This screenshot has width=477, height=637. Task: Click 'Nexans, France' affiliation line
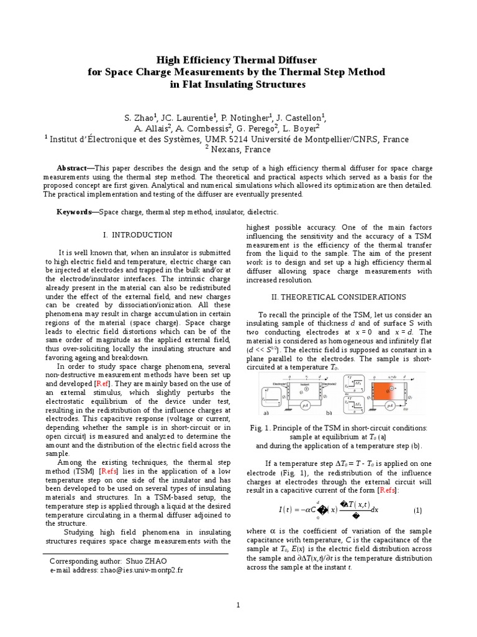pos(240,149)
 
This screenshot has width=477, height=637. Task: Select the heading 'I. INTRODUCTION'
pos(137,235)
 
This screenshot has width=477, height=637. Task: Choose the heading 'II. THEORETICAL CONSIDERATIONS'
pos(334,297)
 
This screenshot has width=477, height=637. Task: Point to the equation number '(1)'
pos(417,510)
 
